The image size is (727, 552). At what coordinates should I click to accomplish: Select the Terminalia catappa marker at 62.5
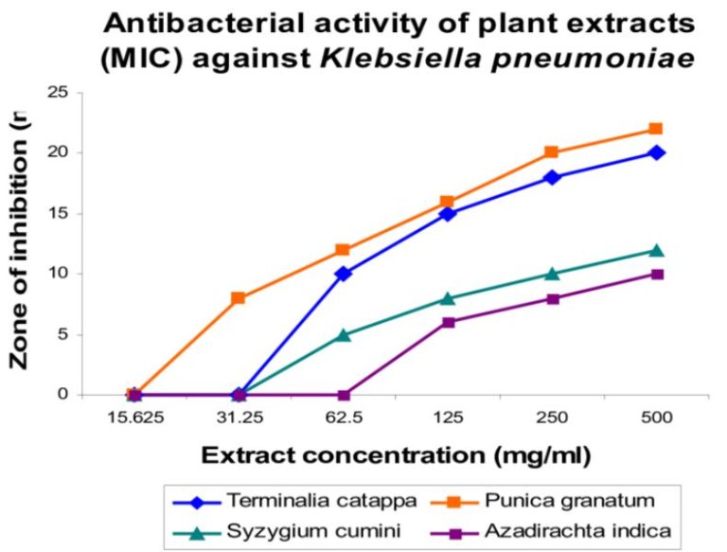coord(343,274)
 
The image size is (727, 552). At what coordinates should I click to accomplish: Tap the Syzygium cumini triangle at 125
coord(448,298)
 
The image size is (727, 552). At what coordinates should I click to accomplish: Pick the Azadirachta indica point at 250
coord(552,298)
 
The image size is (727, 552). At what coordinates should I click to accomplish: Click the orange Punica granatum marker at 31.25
coord(239,297)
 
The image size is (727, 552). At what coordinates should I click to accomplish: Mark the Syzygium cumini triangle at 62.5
coord(343,334)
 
